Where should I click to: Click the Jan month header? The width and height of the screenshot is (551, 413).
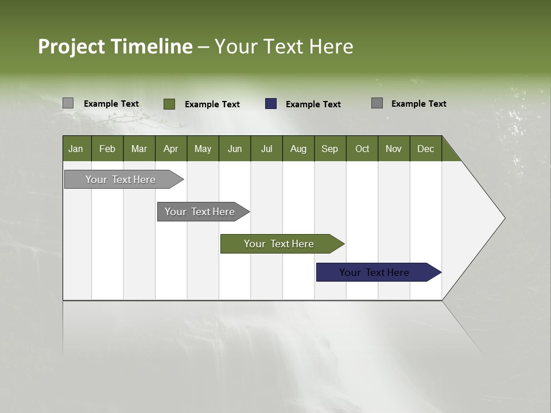pos(76,149)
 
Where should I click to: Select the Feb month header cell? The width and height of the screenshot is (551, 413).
pos(107,149)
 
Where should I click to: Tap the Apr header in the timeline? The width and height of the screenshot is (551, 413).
pos(171,149)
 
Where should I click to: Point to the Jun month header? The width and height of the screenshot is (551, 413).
pos(235,149)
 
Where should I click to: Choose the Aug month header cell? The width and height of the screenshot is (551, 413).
pos(298,149)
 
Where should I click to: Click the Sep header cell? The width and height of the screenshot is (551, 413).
pos(330,149)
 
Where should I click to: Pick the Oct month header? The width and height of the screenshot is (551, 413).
pos(362,149)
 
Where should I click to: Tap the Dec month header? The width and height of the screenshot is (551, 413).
pos(426,149)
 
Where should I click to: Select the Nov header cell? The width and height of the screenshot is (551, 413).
pos(394,149)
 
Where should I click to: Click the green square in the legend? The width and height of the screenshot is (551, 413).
pos(169,104)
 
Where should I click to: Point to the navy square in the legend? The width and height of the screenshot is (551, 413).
pos(271,104)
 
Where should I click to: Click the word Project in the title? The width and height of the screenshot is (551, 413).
pos(71,46)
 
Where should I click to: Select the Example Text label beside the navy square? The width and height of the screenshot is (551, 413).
pos(313,104)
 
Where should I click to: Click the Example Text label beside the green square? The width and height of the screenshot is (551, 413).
pos(212,104)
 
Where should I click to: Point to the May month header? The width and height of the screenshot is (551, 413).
pos(203,149)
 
